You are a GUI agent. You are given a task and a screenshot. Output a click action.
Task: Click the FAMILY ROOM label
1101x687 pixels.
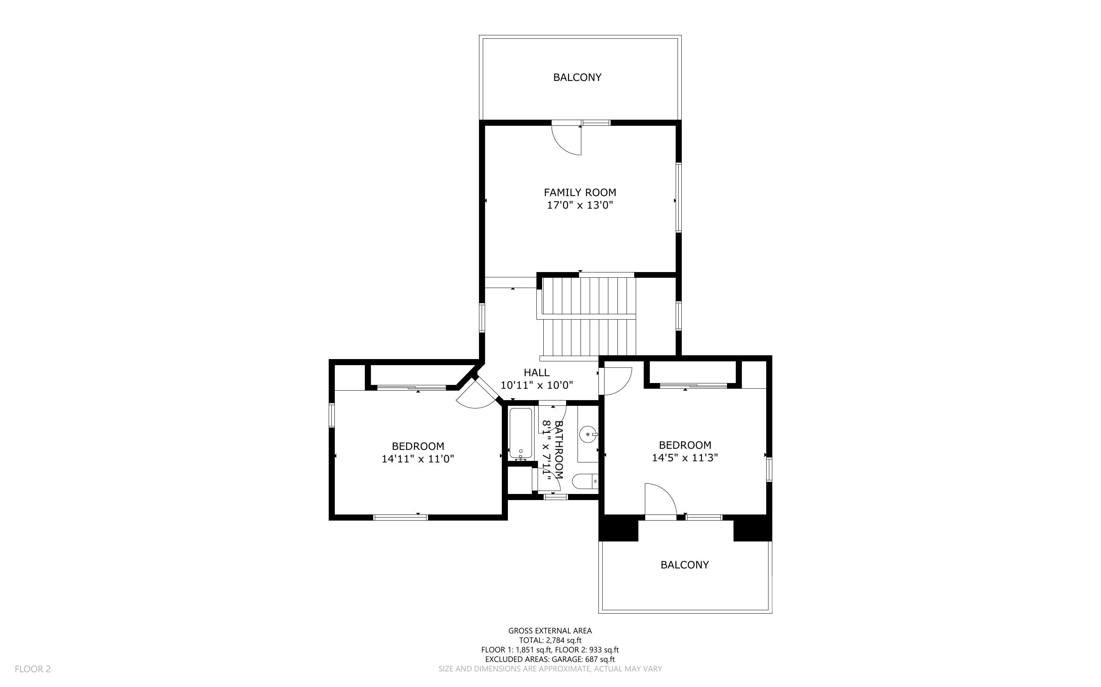click(580, 192)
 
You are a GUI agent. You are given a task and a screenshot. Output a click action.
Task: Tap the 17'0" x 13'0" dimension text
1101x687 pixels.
click(580, 205)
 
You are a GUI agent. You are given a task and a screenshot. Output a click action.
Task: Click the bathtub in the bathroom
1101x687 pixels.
click(520, 433)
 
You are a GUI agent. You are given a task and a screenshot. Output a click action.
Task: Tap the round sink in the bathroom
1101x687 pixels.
click(589, 434)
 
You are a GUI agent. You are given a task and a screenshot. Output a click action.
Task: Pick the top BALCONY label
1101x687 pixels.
click(577, 77)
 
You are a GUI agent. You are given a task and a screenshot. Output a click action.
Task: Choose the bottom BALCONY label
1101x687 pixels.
click(684, 565)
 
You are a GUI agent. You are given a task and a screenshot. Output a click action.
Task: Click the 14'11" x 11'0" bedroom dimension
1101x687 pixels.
click(417, 459)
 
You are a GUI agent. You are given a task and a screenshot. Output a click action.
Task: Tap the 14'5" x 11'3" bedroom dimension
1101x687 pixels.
click(684, 457)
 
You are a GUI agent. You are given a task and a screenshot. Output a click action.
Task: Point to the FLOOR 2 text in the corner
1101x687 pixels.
click(33, 669)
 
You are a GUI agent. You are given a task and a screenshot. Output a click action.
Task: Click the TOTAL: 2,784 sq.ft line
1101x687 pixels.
click(550, 640)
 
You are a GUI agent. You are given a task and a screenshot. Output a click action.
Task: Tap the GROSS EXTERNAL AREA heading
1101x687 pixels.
click(550, 631)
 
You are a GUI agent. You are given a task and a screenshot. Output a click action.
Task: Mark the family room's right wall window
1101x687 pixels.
click(678, 198)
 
